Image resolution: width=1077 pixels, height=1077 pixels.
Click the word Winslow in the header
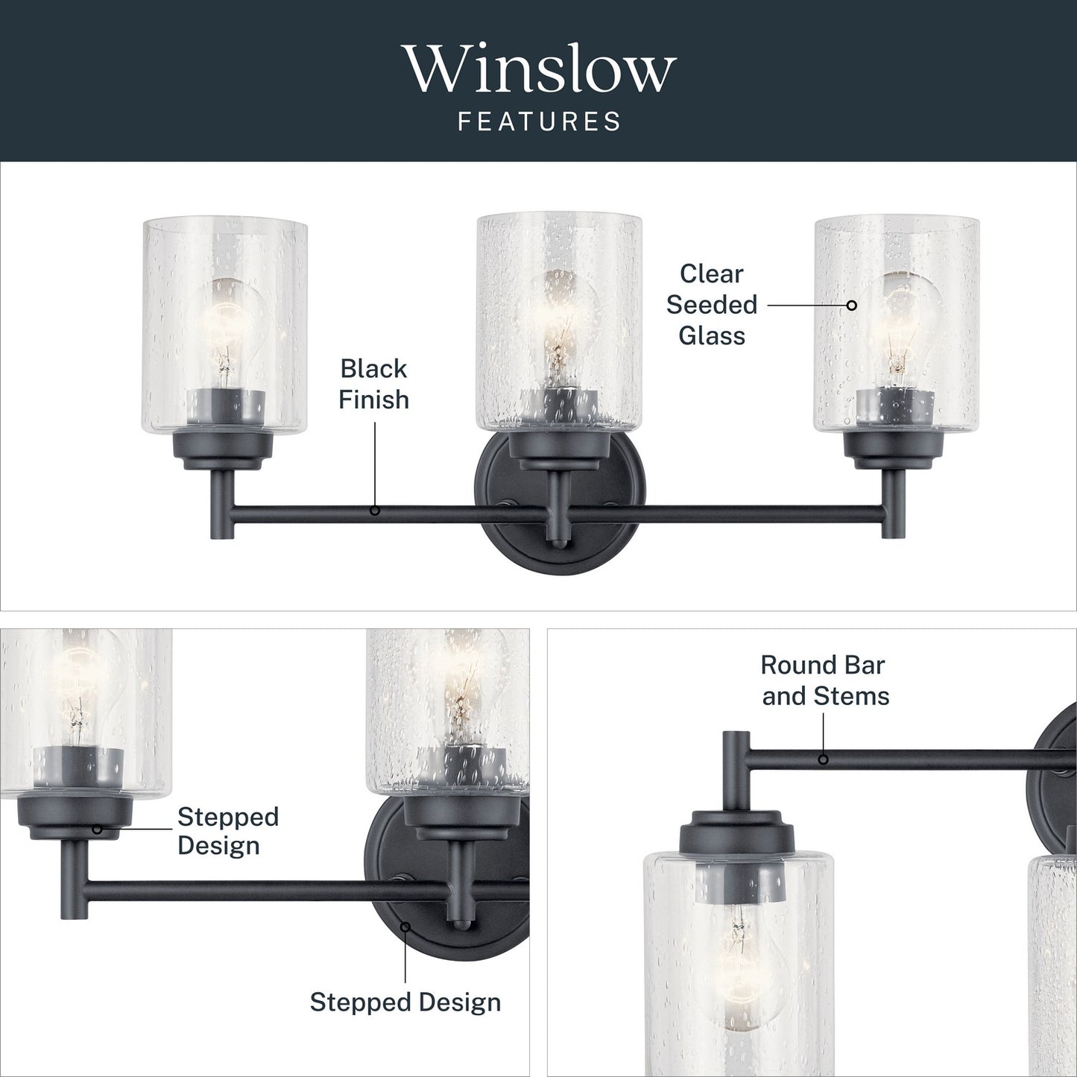(x=539, y=69)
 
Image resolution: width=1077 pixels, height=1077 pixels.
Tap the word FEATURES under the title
(x=540, y=121)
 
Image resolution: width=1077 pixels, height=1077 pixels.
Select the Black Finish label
(x=374, y=385)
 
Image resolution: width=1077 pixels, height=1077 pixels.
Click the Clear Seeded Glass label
(x=712, y=305)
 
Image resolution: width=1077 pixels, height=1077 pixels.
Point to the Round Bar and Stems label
(x=825, y=680)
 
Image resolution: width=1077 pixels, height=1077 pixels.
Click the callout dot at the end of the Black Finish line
(x=375, y=511)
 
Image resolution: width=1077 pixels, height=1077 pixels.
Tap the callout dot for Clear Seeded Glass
(x=852, y=305)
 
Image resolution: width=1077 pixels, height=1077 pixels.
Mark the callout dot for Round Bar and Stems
(x=824, y=759)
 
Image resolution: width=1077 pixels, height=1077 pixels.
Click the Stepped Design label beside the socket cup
(x=228, y=831)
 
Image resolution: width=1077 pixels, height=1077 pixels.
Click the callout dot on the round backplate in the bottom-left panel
(x=405, y=927)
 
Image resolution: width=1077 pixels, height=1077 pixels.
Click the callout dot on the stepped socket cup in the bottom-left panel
(x=97, y=829)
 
